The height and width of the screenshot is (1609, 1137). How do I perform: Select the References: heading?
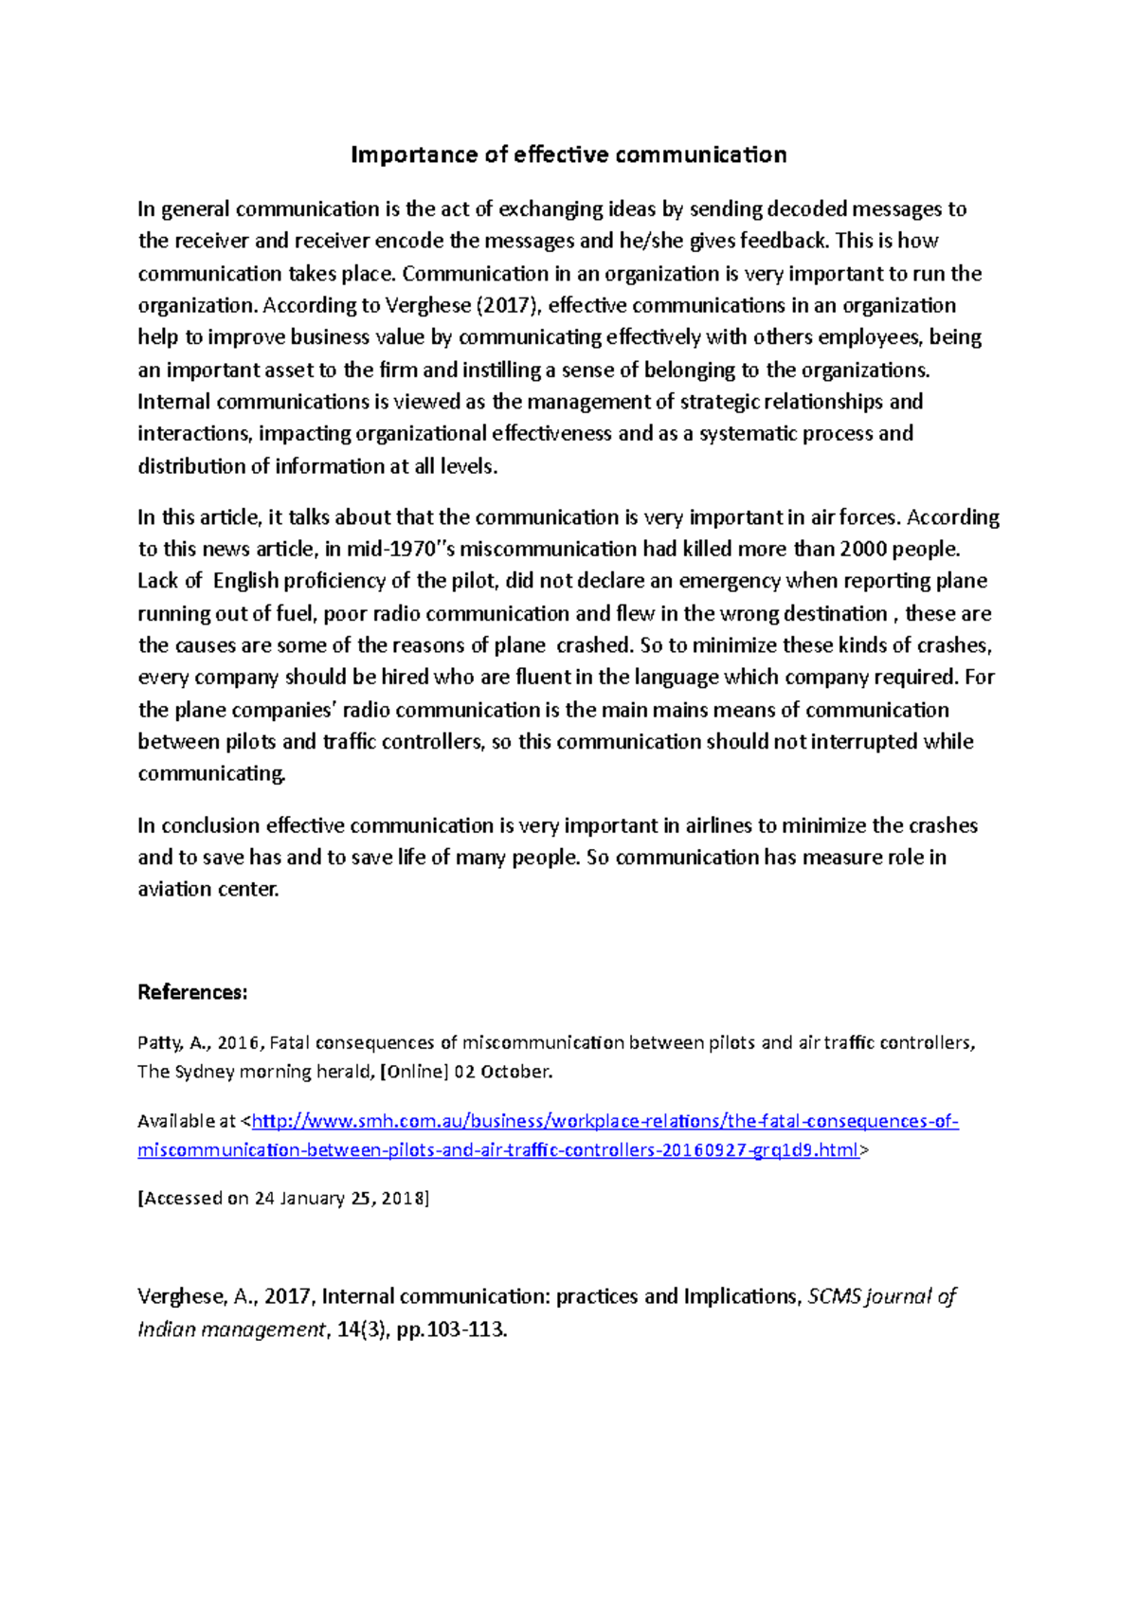click(x=192, y=992)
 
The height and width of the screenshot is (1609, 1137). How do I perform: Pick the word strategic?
click(x=719, y=402)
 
